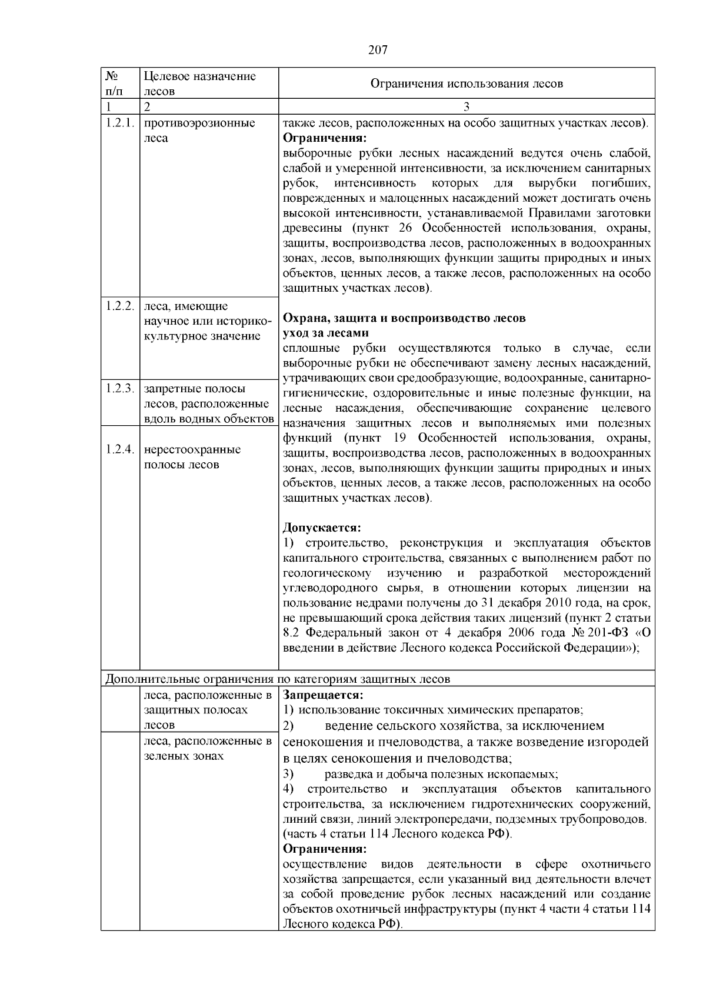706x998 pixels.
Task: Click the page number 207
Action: (377, 50)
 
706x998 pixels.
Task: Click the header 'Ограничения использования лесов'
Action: (466, 84)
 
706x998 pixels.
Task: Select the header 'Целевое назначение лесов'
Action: (200, 84)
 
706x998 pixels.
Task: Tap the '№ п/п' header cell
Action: (115, 84)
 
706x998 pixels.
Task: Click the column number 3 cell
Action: (466, 107)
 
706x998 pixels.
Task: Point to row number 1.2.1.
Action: (121, 124)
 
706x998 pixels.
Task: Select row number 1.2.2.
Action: (121, 306)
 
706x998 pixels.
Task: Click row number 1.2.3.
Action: (121, 389)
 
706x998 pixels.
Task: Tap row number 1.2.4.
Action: (121, 450)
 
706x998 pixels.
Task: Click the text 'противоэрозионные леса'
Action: (199, 131)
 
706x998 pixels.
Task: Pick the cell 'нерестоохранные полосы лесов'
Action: (192, 457)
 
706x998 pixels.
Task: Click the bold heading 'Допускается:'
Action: (322, 528)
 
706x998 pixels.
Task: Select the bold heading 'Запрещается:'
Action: (323, 695)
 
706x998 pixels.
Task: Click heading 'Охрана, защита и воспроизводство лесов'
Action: (404, 318)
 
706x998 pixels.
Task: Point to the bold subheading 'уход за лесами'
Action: (326, 333)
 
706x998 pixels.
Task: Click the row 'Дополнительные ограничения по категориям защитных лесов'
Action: (278, 679)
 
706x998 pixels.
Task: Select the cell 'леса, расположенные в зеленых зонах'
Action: (207, 748)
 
